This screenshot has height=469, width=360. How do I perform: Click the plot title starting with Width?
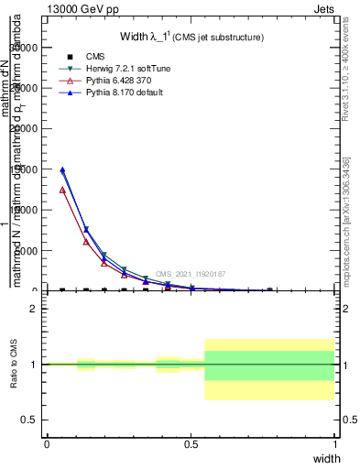191,37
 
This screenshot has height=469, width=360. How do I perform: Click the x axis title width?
326,458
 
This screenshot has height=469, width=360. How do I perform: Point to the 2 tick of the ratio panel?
34,310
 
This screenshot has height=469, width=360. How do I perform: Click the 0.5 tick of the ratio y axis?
29,420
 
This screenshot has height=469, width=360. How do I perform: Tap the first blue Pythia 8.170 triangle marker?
62,169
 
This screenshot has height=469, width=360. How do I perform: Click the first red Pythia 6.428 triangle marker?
62,190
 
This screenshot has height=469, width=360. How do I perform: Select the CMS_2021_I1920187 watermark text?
190,274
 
